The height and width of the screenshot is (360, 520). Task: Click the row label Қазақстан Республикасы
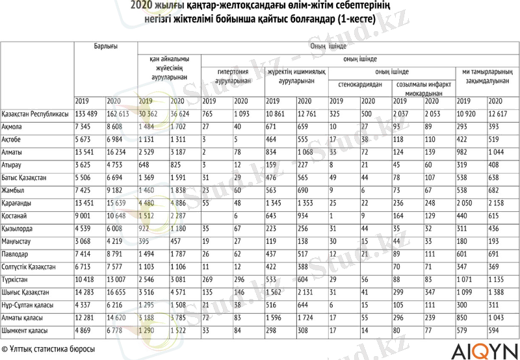pyautogui.click(x=35, y=114)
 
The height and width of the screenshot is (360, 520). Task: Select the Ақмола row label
pyautogui.click(x=14, y=127)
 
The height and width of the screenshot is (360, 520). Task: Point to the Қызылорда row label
pyautogui.click(x=18, y=229)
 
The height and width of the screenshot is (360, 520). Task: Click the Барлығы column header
pyautogui.click(x=105, y=47)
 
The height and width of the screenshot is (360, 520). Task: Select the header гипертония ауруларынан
pyautogui.click(x=233, y=75)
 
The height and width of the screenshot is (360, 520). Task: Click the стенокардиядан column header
pyautogui.click(x=359, y=84)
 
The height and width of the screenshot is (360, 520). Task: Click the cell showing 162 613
pyautogui.click(x=121, y=114)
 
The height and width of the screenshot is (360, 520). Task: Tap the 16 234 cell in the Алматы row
pyautogui.click(x=121, y=152)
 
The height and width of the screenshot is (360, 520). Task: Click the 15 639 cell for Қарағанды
pyautogui.click(x=121, y=203)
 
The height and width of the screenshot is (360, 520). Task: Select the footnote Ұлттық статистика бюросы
pyautogui.click(x=48, y=349)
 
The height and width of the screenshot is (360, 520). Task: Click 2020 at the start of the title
pyautogui.click(x=141, y=6)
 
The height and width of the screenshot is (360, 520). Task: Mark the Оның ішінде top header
pyautogui.click(x=328, y=47)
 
